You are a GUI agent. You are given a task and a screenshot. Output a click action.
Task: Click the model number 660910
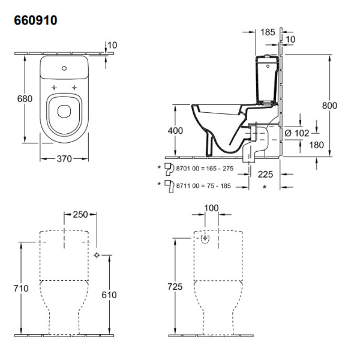[35, 20]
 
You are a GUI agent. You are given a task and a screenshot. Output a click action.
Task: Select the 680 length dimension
[25, 99]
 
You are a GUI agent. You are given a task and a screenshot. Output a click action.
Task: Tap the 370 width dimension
[64, 158]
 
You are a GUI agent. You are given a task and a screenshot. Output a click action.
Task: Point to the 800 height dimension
[329, 106]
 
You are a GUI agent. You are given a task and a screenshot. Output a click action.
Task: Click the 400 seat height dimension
[175, 131]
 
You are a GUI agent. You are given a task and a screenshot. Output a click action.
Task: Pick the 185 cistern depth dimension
[268, 32]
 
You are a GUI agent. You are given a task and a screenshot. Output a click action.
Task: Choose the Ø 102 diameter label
[297, 133]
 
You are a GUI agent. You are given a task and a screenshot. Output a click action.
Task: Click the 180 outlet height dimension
[316, 145]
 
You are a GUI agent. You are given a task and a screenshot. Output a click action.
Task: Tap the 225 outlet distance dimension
[265, 175]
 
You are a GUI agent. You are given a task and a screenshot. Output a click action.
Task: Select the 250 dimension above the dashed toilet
[80, 214]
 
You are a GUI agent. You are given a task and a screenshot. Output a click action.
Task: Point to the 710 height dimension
[21, 289]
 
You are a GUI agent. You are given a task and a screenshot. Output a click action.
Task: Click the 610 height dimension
[109, 295]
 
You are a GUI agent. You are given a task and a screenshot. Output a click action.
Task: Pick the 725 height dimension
[175, 287]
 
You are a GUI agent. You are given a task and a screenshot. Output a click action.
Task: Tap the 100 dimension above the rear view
[211, 208]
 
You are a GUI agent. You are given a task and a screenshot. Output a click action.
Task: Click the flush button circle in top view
[64, 68]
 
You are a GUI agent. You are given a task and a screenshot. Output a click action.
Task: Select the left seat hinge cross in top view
[54, 88]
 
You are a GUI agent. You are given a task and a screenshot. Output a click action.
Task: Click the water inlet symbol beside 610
[97, 255]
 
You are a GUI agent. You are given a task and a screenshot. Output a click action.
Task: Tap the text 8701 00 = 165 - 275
[205, 169]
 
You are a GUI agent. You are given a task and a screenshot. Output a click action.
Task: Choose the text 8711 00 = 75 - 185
[203, 186]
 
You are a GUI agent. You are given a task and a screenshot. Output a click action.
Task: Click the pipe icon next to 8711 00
[169, 187]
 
